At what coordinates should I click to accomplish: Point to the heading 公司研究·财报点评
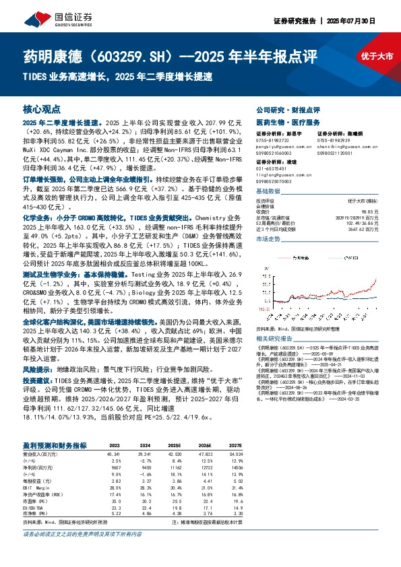coord(278,109)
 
